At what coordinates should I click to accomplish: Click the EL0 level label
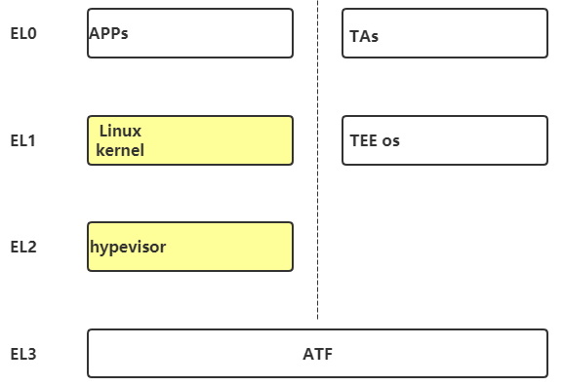point(23,33)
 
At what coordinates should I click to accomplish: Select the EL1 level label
point(23,140)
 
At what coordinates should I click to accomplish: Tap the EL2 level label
point(23,247)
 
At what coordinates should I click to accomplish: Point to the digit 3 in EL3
point(32,354)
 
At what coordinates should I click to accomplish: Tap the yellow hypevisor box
point(224,247)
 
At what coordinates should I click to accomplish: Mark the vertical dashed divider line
point(317,195)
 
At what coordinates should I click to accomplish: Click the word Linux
point(120,130)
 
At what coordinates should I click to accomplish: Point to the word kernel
point(120,151)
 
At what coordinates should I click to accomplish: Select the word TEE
point(363,140)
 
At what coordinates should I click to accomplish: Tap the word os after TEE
point(390,141)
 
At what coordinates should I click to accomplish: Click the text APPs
point(108,33)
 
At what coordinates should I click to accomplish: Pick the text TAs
point(364,36)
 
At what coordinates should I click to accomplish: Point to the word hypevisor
point(128,247)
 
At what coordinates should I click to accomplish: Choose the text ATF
point(317,354)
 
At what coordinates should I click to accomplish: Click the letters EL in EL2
point(19,247)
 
